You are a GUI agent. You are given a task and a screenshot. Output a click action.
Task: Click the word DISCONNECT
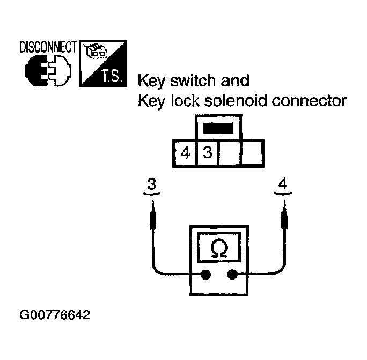[x=48, y=47]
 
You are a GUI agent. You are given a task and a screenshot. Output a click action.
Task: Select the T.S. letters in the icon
[x=111, y=76]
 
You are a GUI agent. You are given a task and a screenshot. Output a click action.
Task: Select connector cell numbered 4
[x=186, y=153]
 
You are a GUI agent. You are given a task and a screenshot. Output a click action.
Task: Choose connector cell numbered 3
[x=208, y=153]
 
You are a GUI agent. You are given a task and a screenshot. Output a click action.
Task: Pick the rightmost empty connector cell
[x=252, y=153]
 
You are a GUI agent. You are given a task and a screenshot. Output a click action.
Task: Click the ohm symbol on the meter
[x=218, y=248]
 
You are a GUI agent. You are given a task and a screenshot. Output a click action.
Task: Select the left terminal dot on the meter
[x=205, y=275]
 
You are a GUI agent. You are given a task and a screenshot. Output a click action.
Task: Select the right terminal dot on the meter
[x=232, y=275]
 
